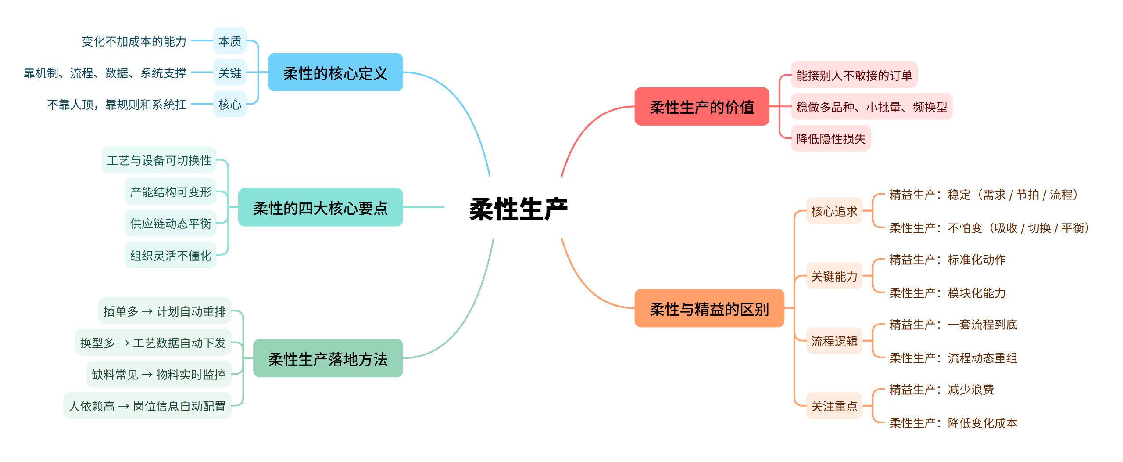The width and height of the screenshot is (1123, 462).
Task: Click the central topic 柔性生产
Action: (518, 209)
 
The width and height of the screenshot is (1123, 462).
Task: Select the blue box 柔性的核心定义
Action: (335, 73)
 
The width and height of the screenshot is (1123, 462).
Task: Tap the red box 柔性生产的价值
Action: (701, 107)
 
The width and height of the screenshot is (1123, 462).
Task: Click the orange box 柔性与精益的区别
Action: (709, 309)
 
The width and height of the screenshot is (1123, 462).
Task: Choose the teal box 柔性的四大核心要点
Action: (320, 208)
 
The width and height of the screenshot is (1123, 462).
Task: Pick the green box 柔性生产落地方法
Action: (328, 359)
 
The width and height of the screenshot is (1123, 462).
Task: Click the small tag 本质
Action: (230, 41)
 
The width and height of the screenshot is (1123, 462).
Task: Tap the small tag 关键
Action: (230, 73)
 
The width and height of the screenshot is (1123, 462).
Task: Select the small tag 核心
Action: (230, 105)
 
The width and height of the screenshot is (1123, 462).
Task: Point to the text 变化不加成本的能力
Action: (134, 41)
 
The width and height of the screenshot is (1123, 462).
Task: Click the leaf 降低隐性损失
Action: (830, 139)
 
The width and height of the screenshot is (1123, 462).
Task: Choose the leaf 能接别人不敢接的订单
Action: (854, 75)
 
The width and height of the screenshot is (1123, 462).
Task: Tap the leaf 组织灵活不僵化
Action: (171, 255)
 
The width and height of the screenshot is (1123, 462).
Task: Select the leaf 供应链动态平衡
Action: (171, 224)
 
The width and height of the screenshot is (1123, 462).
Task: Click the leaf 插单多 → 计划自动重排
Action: (165, 311)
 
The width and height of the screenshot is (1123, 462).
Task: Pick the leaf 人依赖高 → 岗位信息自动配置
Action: (147, 406)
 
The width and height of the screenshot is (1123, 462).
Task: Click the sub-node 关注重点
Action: (834, 406)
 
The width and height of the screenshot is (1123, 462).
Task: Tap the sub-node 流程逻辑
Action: (834, 341)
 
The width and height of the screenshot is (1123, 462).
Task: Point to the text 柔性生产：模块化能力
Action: (947, 293)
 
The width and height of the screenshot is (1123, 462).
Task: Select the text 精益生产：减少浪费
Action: (941, 390)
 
